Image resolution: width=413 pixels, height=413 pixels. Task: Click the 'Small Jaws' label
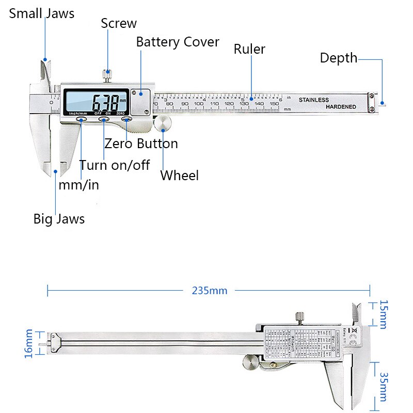42,13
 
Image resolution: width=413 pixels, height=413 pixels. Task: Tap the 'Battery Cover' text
178,42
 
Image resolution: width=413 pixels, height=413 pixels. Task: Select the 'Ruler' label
249,49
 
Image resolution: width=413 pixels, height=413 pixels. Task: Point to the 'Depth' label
338,58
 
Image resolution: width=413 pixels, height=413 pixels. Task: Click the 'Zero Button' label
141,144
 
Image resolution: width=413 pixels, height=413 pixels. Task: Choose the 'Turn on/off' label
114,165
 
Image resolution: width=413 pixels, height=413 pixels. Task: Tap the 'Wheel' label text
179,176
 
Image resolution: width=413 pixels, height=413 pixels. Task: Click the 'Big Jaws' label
59,219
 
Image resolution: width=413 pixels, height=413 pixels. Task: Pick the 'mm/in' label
78,185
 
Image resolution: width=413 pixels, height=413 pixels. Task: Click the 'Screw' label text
119,23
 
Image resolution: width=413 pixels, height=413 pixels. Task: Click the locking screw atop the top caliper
107,75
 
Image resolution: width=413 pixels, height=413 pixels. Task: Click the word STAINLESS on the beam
313,100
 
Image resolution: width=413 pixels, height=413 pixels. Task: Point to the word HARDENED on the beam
341,107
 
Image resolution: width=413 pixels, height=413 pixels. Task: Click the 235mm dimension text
210,290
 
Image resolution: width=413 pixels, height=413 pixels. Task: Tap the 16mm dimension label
29,343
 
